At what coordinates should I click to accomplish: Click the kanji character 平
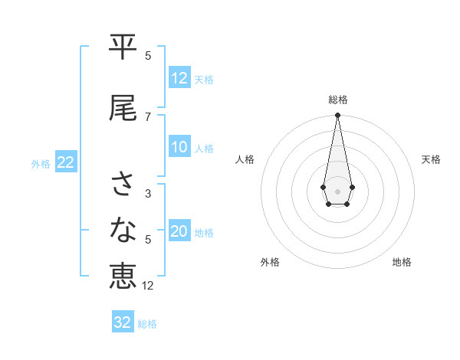coord(123,47)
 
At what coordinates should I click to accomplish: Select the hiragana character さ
coord(123,184)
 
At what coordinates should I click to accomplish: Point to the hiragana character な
coord(123,229)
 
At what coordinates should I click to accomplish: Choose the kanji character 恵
coord(123,276)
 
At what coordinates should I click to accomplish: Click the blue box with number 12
coord(179,78)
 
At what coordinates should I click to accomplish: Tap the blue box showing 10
coord(179,148)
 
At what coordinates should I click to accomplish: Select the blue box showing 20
coord(179,232)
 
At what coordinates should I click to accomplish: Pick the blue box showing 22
coord(66,162)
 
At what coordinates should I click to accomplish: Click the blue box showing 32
coord(123,322)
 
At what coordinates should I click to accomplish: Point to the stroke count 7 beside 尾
coord(148,117)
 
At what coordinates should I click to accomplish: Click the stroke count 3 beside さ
coord(148,194)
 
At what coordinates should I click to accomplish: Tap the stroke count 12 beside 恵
coord(148,286)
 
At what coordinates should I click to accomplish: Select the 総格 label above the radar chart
coord(337,100)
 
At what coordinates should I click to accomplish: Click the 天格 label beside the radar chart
coord(432,159)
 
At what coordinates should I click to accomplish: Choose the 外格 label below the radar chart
coord(270,262)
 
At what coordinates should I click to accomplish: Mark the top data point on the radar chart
coord(337,115)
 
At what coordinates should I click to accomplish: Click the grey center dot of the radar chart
coord(337,190)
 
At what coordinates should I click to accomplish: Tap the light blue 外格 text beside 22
coord(41,163)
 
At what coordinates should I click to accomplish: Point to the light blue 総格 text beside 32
coord(147,324)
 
